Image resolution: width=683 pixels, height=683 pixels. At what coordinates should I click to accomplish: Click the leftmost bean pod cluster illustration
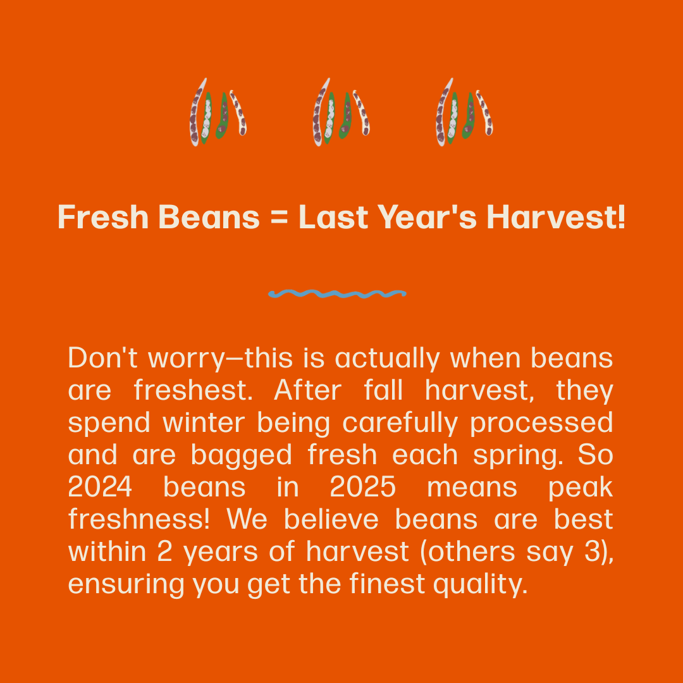coord(217,112)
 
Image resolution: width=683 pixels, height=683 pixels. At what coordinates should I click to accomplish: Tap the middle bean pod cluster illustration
coord(340,112)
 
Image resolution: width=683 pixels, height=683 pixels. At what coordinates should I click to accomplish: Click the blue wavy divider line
coord(336,293)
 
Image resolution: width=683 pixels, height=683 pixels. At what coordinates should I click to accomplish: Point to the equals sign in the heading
coord(279,218)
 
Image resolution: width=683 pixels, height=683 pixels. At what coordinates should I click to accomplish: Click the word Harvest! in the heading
coord(556,218)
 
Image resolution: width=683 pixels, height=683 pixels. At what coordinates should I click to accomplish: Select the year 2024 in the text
coord(100,488)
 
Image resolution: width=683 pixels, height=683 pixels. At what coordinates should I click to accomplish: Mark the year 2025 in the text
coord(362,488)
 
